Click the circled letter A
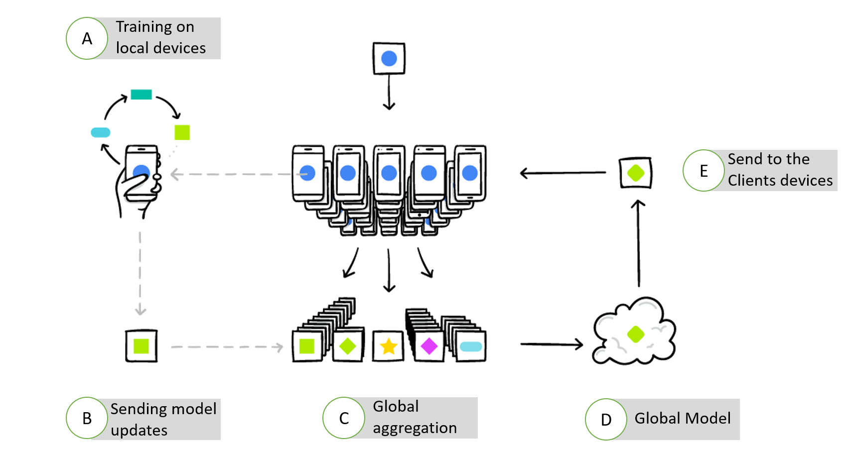point(87,38)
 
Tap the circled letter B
point(87,418)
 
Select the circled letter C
point(344,418)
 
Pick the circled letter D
point(606,420)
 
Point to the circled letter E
point(704,171)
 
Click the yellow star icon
point(389,346)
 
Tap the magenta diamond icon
point(429,346)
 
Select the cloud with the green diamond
point(634,333)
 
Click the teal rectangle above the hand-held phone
point(141,95)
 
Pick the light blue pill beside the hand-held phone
point(101,132)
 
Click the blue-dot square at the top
point(389,59)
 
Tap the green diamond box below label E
point(636,173)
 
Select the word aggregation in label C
point(415,428)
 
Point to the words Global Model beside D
point(683,418)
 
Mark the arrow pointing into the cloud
point(552,343)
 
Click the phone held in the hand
point(141,172)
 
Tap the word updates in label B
point(139,430)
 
